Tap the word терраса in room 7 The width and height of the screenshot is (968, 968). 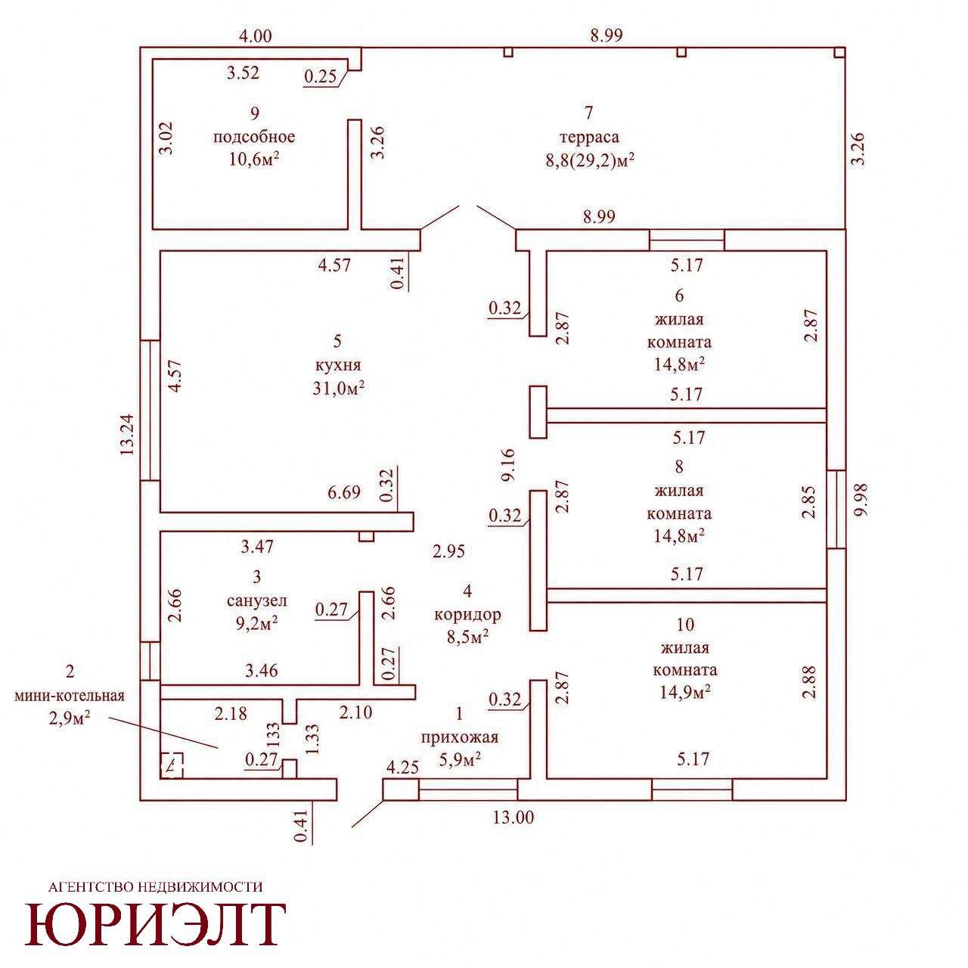pyautogui.click(x=589, y=137)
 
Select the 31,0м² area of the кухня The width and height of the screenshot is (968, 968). pyautogui.click(x=338, y=389)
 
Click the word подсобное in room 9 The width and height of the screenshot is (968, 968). pyautogui.click(x=254, y=137)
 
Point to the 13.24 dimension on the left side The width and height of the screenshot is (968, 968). pyautogui.click(x=127, y=434)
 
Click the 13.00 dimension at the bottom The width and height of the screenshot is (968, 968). pyautogui.click(x=513, y=818)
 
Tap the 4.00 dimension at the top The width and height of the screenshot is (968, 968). pyautogui.click(x=255, y=36)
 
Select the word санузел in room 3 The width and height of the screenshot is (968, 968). pyautogui.click(x=256, y=600)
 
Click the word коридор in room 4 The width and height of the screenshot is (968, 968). pyautogui.click(x=467, y=614)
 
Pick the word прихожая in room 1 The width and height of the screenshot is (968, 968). pyautogui.click(x=460, y=737)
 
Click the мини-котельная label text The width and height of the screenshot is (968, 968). pyautogui.click(x=70, y=696)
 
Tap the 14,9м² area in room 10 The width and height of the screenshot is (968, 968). pyautogui.click(x=684, y=693)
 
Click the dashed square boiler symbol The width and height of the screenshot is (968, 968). pyautogui.click(x=172, y=765)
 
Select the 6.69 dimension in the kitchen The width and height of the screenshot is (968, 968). pyautogui.click(x=344, y=492)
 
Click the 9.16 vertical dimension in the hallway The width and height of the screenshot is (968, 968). pyautogui.click(x=508, y=464)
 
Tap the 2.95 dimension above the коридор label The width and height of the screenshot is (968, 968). pyautogui.click(x=448, y=551)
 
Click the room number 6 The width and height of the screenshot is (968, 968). pyautogui.click(x=679, y=296)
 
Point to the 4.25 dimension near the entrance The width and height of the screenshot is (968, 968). pyautogui.click(x=402, y=768)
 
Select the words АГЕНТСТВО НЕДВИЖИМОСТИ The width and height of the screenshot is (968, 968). pyautogui.click(x=156, y=886)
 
